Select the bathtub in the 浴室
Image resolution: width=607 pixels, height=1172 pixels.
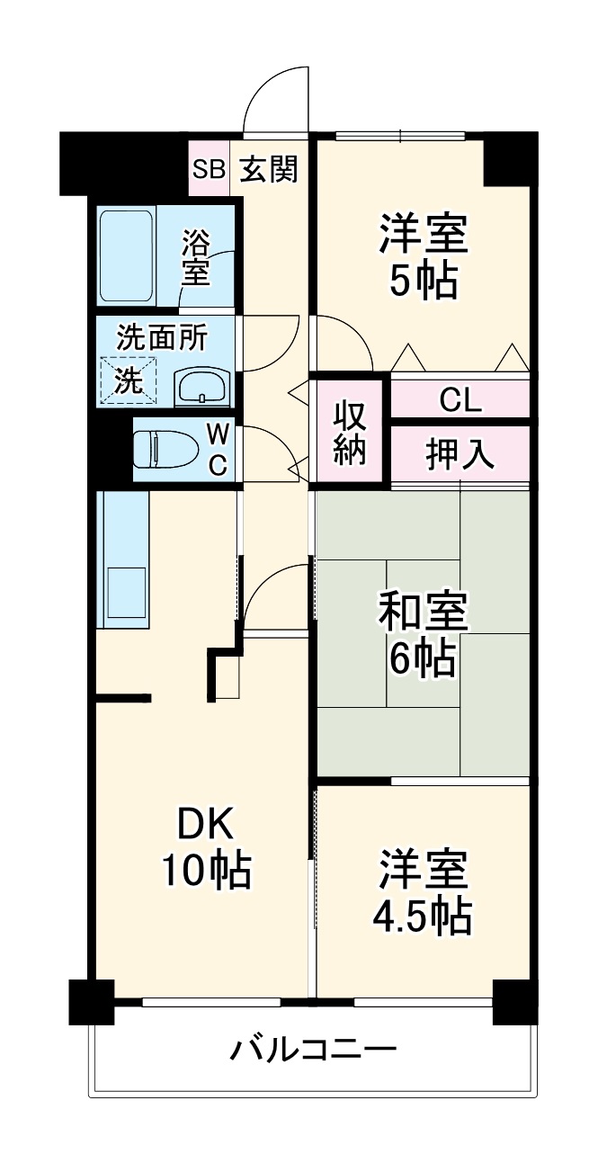click(127, 255)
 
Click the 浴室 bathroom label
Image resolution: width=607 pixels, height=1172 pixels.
click(195, 258)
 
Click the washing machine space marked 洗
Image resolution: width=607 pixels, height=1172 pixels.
click(128, 380)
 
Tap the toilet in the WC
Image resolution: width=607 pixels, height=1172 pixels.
click(165, 450)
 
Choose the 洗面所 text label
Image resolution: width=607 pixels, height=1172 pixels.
click(163, 337)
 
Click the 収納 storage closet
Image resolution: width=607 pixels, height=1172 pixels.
click(350, 433)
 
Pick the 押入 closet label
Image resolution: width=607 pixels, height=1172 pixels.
click(460, 455)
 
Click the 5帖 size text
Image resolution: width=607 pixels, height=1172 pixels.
click(423, 282)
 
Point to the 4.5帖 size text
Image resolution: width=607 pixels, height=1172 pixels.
click(422, 917)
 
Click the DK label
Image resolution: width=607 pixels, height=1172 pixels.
click(204, 823)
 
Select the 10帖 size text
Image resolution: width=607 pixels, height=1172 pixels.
click(206, 870)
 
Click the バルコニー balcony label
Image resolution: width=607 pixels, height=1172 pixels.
click(312, 1050)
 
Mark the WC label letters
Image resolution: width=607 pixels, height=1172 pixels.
click(219, 449)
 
